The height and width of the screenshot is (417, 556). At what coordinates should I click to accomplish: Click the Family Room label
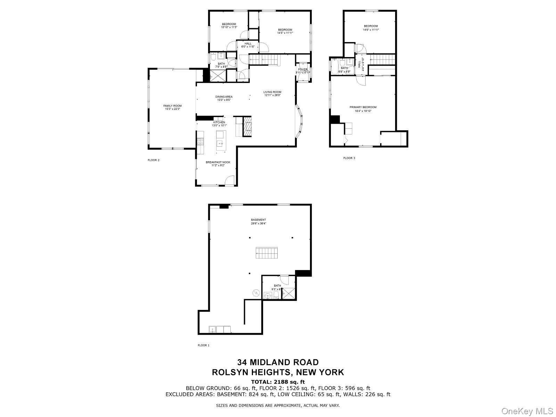[x=172, y=107]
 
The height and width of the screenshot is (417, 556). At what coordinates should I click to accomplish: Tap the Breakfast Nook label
[x=218, y=164]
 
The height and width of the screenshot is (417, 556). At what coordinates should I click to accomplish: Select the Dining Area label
[x=224, y=98]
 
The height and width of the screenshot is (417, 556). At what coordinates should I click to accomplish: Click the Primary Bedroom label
[x=363, y=109]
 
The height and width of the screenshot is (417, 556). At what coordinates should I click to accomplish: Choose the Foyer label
[x=303, y=71]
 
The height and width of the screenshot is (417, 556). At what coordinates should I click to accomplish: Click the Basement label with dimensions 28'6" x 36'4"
[x=259, y=221]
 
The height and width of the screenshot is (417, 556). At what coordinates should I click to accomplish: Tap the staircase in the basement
[x=267, y=253]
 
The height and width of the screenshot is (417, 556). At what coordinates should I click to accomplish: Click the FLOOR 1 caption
[x=204, y=345]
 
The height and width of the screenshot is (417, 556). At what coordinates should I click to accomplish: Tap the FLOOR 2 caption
[x=154, y=160]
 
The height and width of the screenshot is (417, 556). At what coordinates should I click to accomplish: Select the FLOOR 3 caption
[x=349, y=158]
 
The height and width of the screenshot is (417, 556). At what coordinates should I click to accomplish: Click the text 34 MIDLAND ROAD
[x=278, y=363]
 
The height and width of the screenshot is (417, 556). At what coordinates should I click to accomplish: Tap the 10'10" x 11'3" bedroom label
[x=229, y=25]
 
